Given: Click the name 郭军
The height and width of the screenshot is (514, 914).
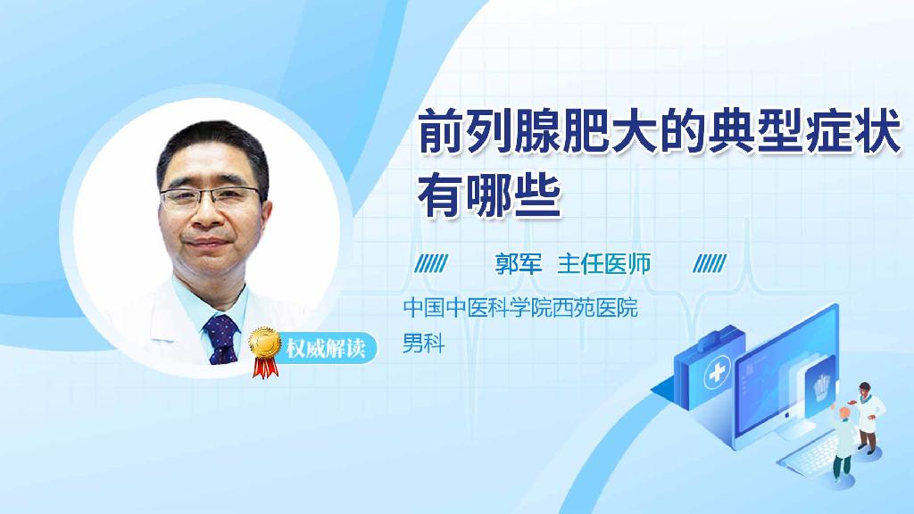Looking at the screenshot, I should [x=519, y=263].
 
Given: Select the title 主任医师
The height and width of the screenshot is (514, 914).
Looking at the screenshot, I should [x=604, y=263].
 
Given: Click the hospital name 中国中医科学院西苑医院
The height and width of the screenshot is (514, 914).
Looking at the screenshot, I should [x=520, y=310].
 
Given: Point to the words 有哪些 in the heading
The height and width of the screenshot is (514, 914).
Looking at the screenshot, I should [x=490, y=195].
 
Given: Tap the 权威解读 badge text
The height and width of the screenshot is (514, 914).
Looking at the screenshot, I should [x=325, y=347].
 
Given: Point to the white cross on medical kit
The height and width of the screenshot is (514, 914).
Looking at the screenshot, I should [x=716, y=377].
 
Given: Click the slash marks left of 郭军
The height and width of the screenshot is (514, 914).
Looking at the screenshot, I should [x=433, y=263].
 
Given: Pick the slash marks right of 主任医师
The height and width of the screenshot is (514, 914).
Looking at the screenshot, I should [x=710, y=263].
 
